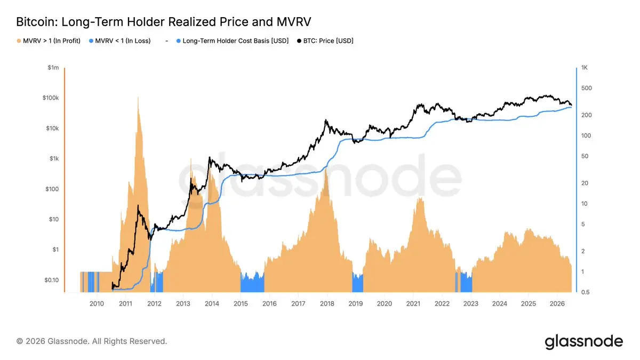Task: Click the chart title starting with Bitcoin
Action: tap(163, 22)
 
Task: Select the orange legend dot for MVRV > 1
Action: tap(19, 41)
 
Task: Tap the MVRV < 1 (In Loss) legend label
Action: tap(123, 41)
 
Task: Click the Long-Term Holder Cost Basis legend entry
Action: tap(233, 41)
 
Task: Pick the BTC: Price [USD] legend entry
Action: tap(325, 41)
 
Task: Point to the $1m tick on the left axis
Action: tap(53, 68)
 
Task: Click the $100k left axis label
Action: tap(51, 98)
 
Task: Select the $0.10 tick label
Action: tap(51, 280)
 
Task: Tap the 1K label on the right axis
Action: tap(585, 68)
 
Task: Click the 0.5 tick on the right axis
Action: tap(585, 292)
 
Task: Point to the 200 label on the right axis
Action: tap(586, 115)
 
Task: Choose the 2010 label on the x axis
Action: tap(97, 303)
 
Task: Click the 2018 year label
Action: tap(327, 303)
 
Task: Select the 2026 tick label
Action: tap(557, 303)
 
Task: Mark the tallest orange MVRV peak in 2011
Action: tap(138, 97)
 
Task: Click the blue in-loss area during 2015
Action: tap(252, 283)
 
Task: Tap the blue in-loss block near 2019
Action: tap(358, 283)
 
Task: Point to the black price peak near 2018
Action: tap(325, 120)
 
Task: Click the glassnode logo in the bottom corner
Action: tap(583, 342)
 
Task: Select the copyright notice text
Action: tap(91, 341)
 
